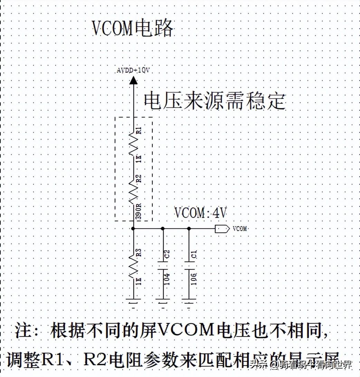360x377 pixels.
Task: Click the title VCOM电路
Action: pos(133,28)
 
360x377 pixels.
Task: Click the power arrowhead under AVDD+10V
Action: pos(133,81)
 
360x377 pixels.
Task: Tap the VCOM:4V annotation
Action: pos(200,213)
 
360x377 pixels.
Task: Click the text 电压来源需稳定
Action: pos(215,101)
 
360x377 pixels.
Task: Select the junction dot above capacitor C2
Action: pos(163,229)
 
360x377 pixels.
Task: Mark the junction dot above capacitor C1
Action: pos(189,229)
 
